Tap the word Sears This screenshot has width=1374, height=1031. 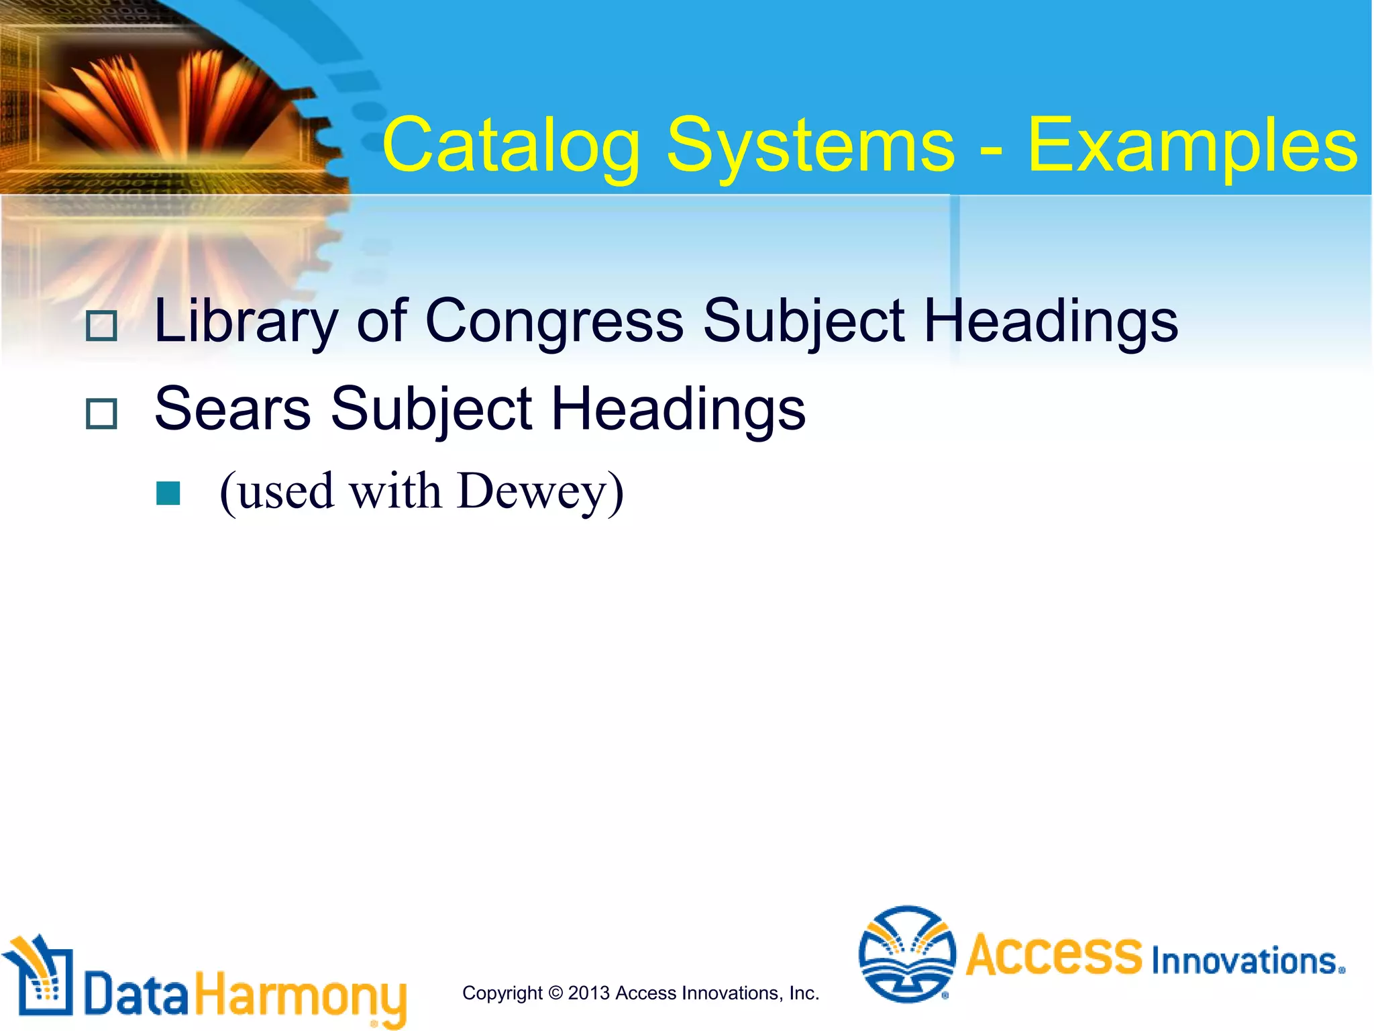232,409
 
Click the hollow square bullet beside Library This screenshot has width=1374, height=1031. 102,326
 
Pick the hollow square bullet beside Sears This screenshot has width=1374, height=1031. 102,413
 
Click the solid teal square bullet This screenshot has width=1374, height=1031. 168,493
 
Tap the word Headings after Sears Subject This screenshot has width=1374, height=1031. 678,409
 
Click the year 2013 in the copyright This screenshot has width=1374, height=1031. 589,993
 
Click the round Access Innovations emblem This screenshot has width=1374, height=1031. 907,954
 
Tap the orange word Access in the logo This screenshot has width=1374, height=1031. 1054,954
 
